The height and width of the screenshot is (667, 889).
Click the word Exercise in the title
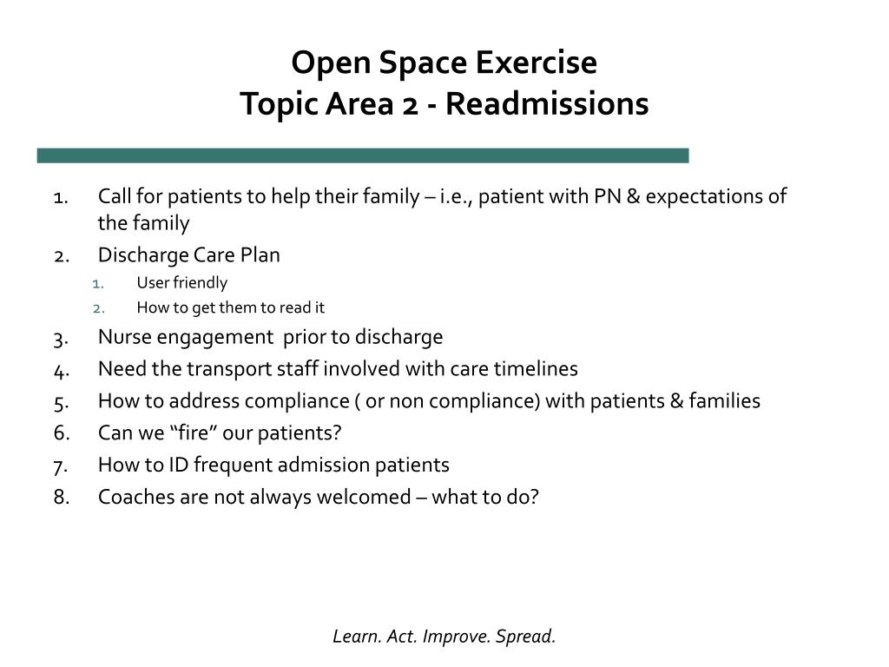click(x=537, y=62)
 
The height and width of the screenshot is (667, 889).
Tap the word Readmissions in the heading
click(x=547, y=104)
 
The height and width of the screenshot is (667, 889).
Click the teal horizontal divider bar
click(x=363, y=155)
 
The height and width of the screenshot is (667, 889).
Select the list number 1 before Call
click(x=61, y=198)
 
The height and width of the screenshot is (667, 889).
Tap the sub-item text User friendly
click(x=182, y=282)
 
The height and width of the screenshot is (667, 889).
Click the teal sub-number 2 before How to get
click(x=99, y=309)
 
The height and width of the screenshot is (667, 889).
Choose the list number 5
click(x=61, y=403)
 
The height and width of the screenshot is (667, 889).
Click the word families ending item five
click(x=725, y=401)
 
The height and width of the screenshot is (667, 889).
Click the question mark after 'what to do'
click(x=534, y=497)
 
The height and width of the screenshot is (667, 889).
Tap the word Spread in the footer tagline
click(x=525, y=637)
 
